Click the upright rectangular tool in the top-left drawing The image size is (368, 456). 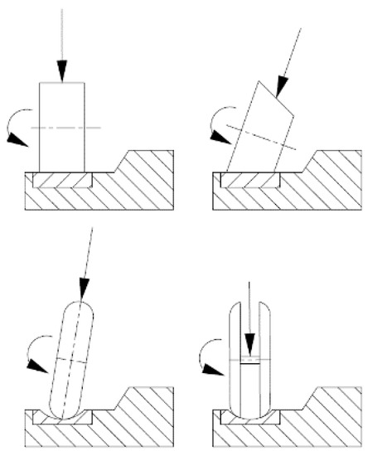tap(62, 124)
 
